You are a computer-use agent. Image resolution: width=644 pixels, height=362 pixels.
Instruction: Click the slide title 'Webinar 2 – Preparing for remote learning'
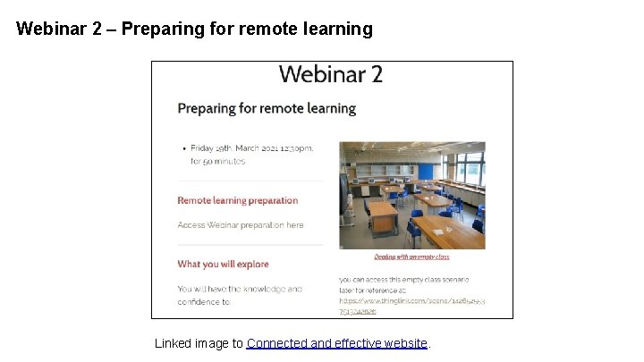194,29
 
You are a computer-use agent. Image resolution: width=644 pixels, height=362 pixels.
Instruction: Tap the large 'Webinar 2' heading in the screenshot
331,74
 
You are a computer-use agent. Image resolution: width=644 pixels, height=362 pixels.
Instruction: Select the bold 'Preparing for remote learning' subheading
267,108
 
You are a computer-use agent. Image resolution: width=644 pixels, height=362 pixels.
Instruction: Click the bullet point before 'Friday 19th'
183,148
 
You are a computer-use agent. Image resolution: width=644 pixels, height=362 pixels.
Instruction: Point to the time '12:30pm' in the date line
295,148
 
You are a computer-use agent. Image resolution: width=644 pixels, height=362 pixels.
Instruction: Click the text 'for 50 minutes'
217,162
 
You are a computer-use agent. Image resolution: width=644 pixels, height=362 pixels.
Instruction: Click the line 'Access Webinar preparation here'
241,225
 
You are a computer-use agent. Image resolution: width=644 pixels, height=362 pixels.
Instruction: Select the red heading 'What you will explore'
223,264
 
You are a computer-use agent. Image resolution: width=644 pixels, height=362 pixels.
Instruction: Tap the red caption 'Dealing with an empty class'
411,257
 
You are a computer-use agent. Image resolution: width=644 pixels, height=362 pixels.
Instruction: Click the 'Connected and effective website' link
338,343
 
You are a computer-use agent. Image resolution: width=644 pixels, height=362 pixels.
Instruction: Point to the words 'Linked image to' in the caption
199,343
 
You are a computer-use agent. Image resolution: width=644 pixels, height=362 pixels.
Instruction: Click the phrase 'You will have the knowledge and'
240,289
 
